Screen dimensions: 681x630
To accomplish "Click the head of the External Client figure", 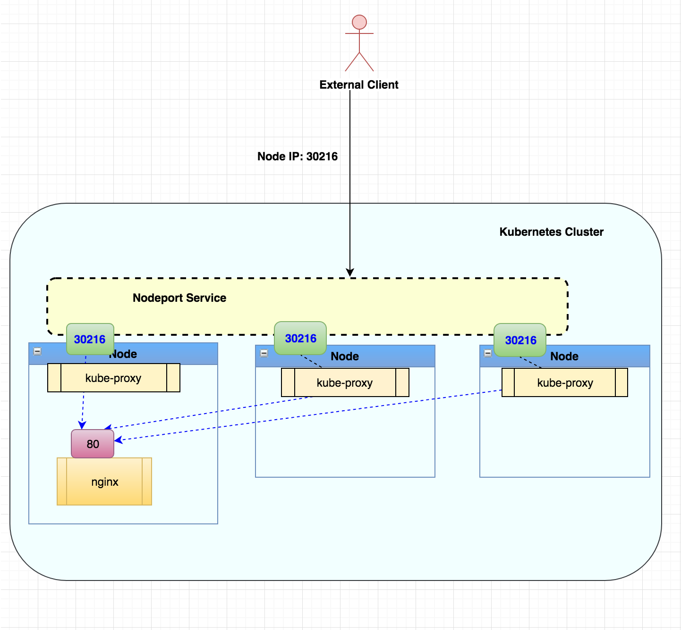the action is pyautogui.click(x=359, y=22).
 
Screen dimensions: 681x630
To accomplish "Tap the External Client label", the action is pyautogui.click(x=358, y=84).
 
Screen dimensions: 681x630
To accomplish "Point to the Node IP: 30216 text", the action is pyautogui.click(x=298, y=156).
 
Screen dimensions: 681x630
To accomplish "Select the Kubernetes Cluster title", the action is pyautogui.click(x=551, y=232).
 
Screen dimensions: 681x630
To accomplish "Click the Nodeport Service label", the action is pyautogui.click(x=179, y=298).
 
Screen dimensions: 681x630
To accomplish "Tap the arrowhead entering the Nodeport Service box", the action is pyautogui.click(x=350, y=272).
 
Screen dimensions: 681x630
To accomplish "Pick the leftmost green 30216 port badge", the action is pyautogui.click(x=90, y=339).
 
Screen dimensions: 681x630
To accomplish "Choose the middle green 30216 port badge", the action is pyautogui.click(x=300, y=338).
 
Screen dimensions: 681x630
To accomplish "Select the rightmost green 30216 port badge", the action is pyautogui.click(x=519, y=340).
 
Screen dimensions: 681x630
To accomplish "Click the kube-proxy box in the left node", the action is pyautogui.click(x=113, y=377).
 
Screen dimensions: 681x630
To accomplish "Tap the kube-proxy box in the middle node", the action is pyautogui.click(x=345, y=382).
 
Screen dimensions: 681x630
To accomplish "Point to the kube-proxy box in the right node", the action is pyautogui.click(x=564, y=382).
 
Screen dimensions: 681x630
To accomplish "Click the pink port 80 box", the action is pyautogui.click(x=92, y=443).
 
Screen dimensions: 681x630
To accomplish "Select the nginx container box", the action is pyautogui.click(x=104, y=481).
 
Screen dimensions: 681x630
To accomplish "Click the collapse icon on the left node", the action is pyautogui.click(x=37, y=351).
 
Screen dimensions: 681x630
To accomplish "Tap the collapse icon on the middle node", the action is pyautogui.click(x=264, y=353).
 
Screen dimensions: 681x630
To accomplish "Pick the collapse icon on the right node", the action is pyautogui.click(x=487, y=353).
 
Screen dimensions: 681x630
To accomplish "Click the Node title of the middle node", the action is pyautogui.click(x=345, y=356).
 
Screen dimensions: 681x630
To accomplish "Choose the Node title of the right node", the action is pyautogui.click(x=564, y=356).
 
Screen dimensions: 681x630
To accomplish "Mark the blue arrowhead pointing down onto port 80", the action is pyautogui.click(x=82, y=425).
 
